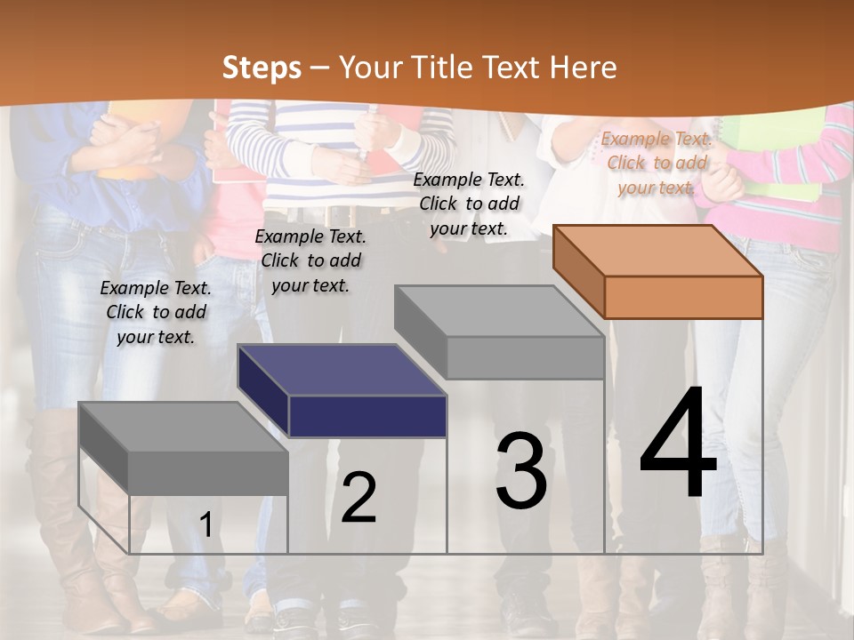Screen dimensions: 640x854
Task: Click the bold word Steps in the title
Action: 262,68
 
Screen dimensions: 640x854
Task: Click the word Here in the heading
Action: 584,68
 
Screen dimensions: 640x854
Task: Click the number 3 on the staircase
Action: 521,471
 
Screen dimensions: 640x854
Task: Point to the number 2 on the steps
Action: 359,498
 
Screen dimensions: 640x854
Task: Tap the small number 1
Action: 205,524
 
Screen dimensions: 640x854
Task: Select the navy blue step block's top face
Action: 342,369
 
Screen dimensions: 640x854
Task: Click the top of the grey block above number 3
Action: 498,311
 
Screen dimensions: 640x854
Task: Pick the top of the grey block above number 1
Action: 183,427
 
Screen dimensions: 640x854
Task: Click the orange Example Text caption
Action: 657,163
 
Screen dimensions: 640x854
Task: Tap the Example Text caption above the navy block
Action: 310,260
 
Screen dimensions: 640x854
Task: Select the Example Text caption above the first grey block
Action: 156,312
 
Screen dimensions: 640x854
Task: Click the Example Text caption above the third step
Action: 469,204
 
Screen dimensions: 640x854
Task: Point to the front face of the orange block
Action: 683,297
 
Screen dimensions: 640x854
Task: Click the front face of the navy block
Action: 367,416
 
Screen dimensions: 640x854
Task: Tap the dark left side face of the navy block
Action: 263,391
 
